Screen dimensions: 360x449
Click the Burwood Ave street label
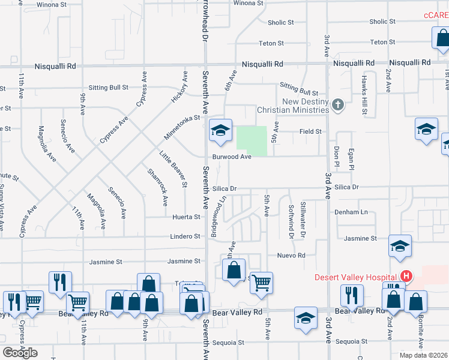[x=231, y=157]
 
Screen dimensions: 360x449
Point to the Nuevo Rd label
[x=292, y=255]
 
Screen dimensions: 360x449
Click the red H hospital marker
[x=406, y=277]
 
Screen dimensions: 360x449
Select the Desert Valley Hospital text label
[x=357, y=277]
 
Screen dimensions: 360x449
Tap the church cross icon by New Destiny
[x=338, y=106]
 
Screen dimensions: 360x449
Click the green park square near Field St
[x=252, y=140]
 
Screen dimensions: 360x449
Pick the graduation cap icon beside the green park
[x=220, y=130]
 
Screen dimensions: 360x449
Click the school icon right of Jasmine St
[x=400, y=247]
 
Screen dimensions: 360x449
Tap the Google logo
[x=20, y=352]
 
